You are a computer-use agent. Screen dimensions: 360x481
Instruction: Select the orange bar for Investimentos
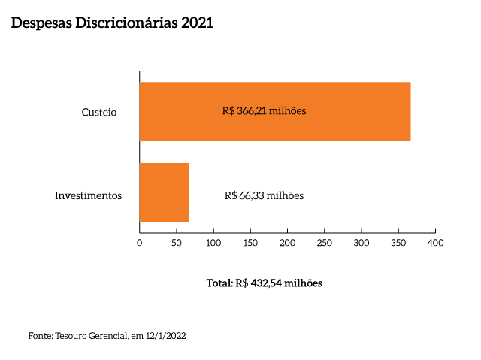(164, 192)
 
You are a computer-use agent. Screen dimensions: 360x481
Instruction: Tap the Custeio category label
(99, 112)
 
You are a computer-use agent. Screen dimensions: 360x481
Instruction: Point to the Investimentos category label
(88, 195)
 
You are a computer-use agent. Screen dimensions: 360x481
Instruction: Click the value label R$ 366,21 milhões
(265, 111)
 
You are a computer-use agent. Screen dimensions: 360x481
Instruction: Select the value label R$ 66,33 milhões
(264, 195)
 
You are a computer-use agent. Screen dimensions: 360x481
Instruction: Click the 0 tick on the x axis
(140, 243)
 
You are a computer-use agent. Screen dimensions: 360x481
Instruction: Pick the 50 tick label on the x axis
(177, 243)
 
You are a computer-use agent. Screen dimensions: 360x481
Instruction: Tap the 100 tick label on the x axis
(213, 243)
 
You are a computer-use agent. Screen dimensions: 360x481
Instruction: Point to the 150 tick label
(250, 243)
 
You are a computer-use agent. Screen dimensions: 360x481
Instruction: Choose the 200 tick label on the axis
(287, 243)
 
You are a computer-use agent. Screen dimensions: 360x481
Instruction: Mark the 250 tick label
(325, 243)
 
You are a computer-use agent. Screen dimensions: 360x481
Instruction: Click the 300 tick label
(362, 243)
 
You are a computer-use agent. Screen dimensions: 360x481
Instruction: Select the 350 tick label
(398, 243)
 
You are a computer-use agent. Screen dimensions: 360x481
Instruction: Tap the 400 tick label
(435, 243)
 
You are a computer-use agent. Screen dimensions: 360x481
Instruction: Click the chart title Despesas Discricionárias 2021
(112, 23)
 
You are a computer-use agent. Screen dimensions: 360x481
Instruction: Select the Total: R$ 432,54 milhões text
(264, 284)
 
